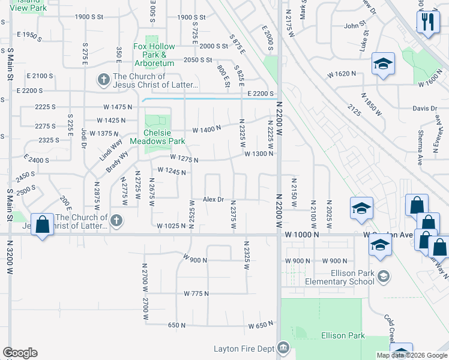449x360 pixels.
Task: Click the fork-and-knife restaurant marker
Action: pos(427,23)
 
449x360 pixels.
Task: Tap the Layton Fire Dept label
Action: pos(244,349)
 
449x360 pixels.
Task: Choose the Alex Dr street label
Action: pos(213,199)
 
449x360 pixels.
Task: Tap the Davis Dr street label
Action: pos(425,109)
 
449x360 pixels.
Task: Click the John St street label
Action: pos(355,26)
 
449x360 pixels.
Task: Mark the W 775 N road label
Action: pos(196,293)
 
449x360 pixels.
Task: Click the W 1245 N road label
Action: pos(171,170)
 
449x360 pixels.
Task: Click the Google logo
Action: pos(20,353)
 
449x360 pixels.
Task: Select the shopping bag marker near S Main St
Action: pos(42,226)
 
